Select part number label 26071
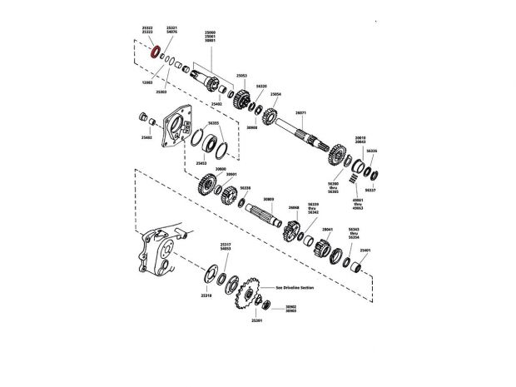(300, 112)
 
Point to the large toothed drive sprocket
(246, 292)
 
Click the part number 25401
(365, 249)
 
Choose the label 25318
(206, 295)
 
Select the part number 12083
(147, 82)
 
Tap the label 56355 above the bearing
(214, 122)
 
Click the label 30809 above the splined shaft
(268, 200)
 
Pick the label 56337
(370, 190)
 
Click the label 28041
(327, 229)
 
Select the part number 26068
(294, 207)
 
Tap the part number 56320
(261, 86)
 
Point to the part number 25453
(201, 163)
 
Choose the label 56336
(372, 151)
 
